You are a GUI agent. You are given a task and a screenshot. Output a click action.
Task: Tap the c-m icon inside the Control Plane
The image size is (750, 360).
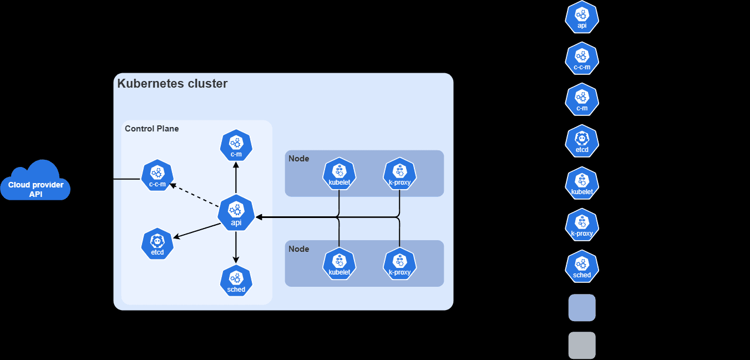(236, 145)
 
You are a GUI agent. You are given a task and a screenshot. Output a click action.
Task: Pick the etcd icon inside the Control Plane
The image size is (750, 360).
(158, 244)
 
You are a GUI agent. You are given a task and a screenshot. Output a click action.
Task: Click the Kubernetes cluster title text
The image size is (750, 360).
(173, 84)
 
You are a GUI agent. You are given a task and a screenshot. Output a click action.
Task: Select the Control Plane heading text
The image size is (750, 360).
(152, 129)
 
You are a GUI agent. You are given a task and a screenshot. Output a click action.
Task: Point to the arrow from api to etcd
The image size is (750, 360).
(197, 231)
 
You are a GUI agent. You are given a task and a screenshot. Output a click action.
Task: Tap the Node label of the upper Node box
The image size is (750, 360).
(299, 159)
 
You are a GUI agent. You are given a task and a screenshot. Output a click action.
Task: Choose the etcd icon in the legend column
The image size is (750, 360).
(582, 141)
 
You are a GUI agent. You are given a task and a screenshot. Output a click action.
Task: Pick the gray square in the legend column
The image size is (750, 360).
(582, 345)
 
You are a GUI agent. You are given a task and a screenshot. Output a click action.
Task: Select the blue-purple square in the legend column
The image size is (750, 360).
(582, 307)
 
